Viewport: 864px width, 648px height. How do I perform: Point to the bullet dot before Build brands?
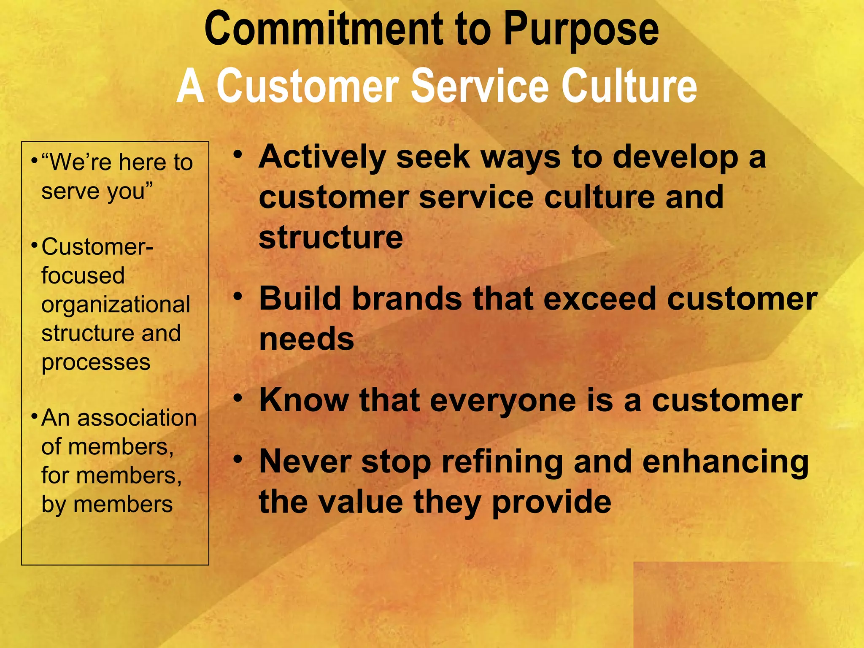[x=238, y=297]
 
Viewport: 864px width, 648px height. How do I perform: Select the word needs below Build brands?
[x=306, y=339]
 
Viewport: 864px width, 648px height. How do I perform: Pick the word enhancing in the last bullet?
[x=725, y=462]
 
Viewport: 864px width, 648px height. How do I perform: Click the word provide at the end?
[x=551, y=502]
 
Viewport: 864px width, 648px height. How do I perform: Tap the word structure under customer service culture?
[x=331, y=238]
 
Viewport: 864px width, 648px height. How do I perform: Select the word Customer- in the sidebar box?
[x=97, y=247]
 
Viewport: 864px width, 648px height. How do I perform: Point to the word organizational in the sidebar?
[x=116, y=305]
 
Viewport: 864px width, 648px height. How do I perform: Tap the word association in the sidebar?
[x=137, y=418]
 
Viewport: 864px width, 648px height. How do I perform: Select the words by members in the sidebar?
[x=107, y=505]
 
